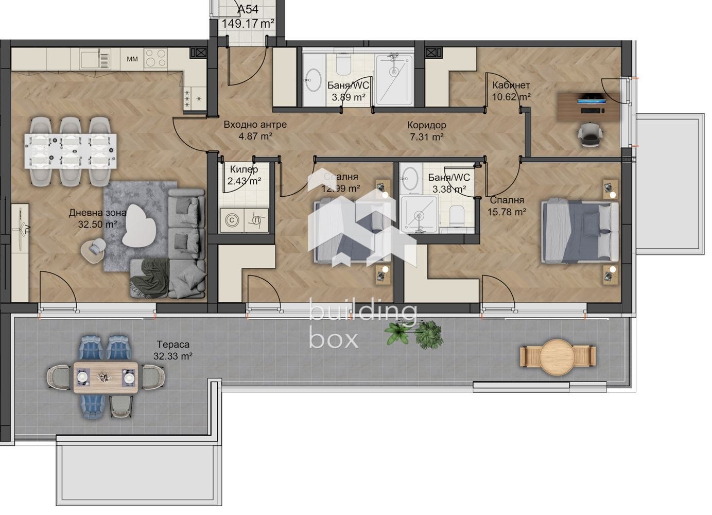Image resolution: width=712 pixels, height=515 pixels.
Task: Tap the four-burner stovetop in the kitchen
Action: (x=157, y=58)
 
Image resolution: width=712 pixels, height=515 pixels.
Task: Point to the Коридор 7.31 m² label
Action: (x=426, y=131)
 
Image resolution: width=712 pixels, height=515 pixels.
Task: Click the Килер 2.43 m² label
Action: (x=244, y=175)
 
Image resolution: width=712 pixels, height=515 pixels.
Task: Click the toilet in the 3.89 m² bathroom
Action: (x=343, y=63)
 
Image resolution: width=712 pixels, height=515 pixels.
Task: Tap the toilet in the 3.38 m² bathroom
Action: (x=456, y=217)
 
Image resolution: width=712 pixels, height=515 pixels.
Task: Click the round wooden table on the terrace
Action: (x=558, y=355)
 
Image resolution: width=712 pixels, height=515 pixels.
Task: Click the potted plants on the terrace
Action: (x=414, y=333)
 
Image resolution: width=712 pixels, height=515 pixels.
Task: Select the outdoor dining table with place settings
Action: (x=106, y=377)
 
